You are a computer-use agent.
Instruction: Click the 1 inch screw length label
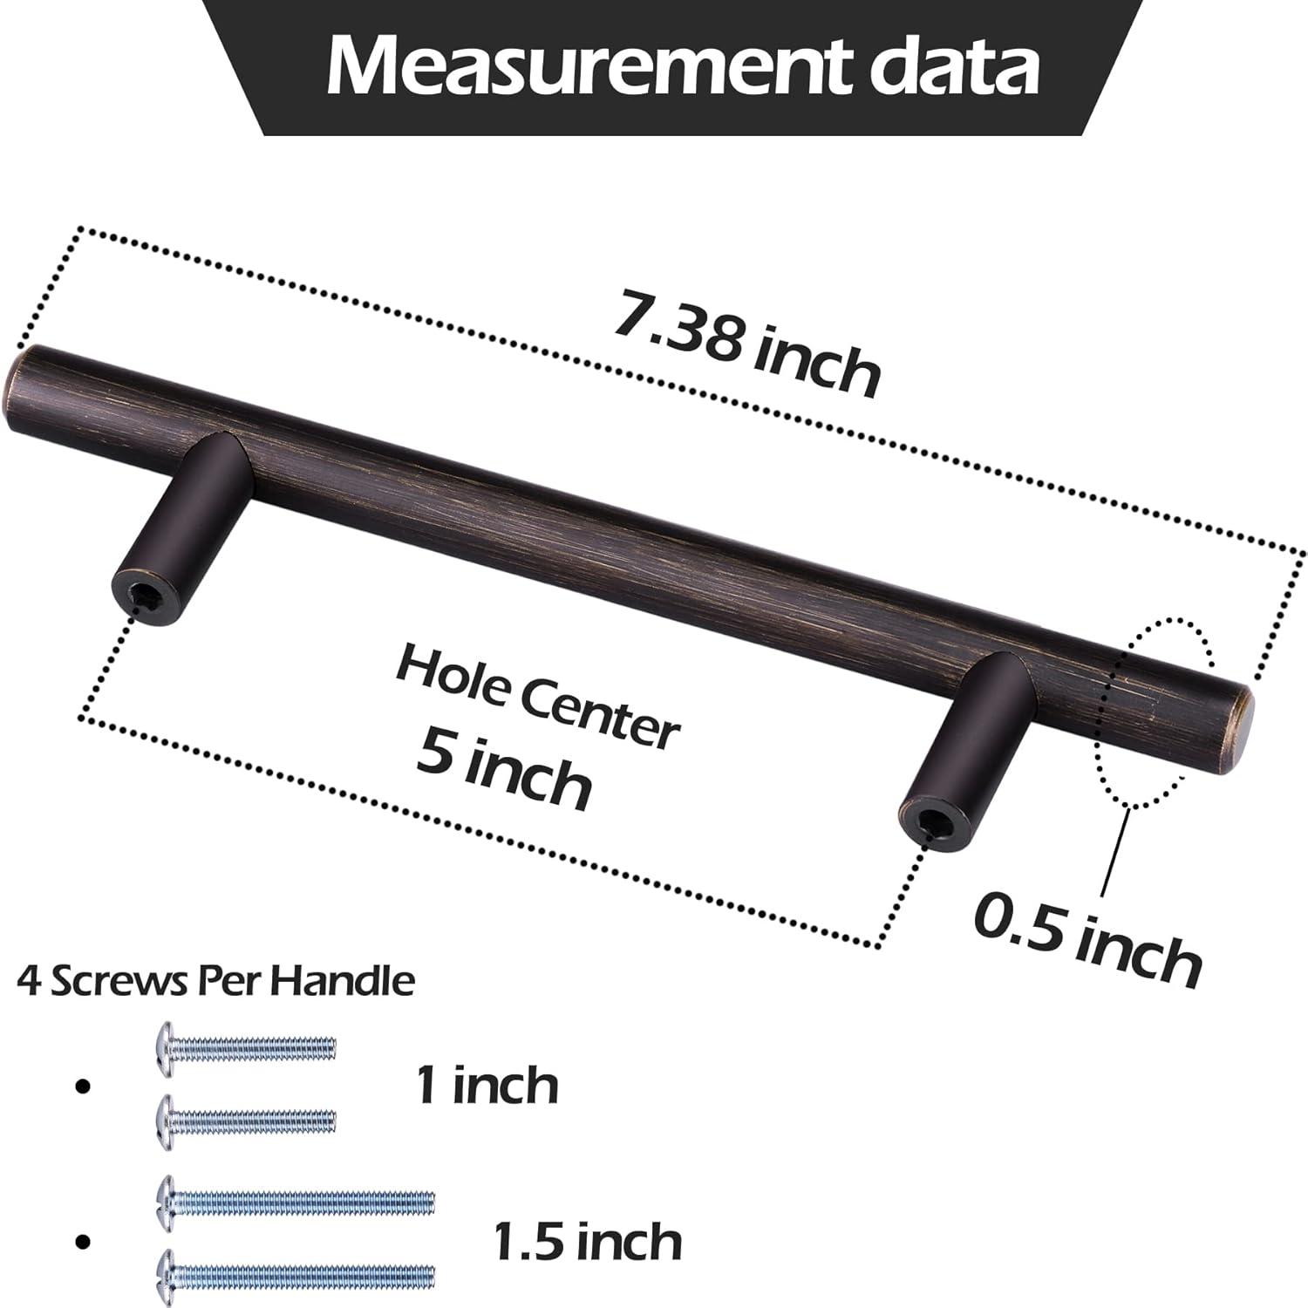tap(487, 1085)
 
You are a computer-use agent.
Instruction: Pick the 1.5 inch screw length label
tap(587, 1239)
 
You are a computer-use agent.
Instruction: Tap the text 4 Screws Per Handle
tap(215, 982)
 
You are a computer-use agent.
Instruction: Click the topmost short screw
tap(245, 1045)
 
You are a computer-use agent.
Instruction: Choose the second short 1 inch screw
tap(245, 1117)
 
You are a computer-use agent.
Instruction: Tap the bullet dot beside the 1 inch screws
tap(84, 1086)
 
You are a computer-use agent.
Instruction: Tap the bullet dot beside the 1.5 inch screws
tap(84, 1239)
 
